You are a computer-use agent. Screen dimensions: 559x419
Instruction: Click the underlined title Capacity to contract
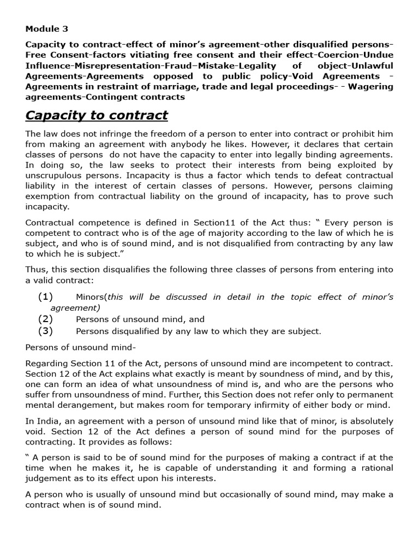(x=97, y=115)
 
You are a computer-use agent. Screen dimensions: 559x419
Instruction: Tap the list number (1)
(x=45, y=297)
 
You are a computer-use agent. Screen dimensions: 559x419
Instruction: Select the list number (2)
(x=45, y=319)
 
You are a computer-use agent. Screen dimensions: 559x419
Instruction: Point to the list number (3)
(x=45, y=331)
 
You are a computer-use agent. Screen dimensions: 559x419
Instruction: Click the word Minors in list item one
(x=91, y=297)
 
